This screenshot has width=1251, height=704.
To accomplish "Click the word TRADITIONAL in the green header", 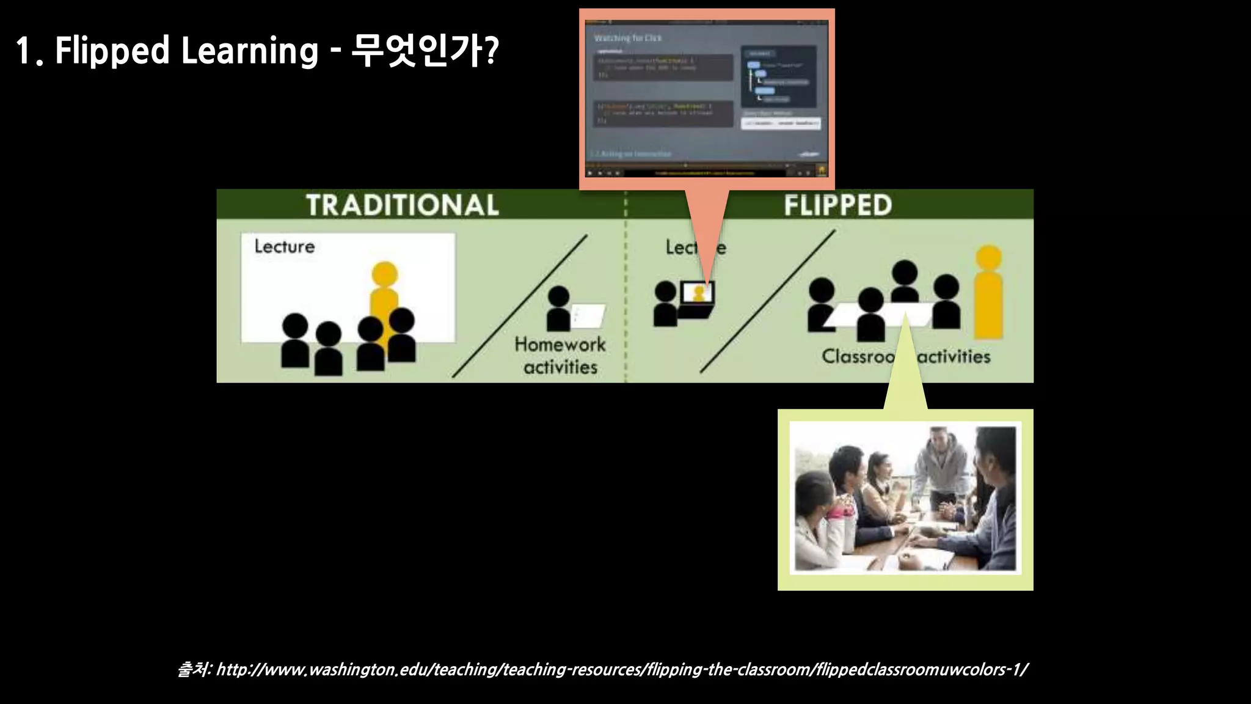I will (402, 205).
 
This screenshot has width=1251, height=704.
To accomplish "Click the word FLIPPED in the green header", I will (837, 205).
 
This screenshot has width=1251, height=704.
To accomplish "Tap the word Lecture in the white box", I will (285, 246).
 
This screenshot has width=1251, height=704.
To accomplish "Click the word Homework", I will (560, 344).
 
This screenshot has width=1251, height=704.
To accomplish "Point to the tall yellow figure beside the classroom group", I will (988, 293).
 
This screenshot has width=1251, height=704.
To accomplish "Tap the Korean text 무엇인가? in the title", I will (425, 50).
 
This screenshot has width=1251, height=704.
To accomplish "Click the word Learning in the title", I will (249, 50).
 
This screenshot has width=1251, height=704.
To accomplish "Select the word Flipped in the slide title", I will (112, 50).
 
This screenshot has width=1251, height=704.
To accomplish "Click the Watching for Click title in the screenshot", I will (628, 38).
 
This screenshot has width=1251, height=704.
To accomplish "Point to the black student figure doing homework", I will (558, 309).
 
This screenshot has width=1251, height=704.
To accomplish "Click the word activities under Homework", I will (560, 367).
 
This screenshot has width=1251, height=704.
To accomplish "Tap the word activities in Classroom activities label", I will (954, 356).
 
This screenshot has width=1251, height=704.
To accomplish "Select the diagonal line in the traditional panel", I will (519, 306).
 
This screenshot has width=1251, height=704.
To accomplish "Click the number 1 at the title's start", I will (23, 50).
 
